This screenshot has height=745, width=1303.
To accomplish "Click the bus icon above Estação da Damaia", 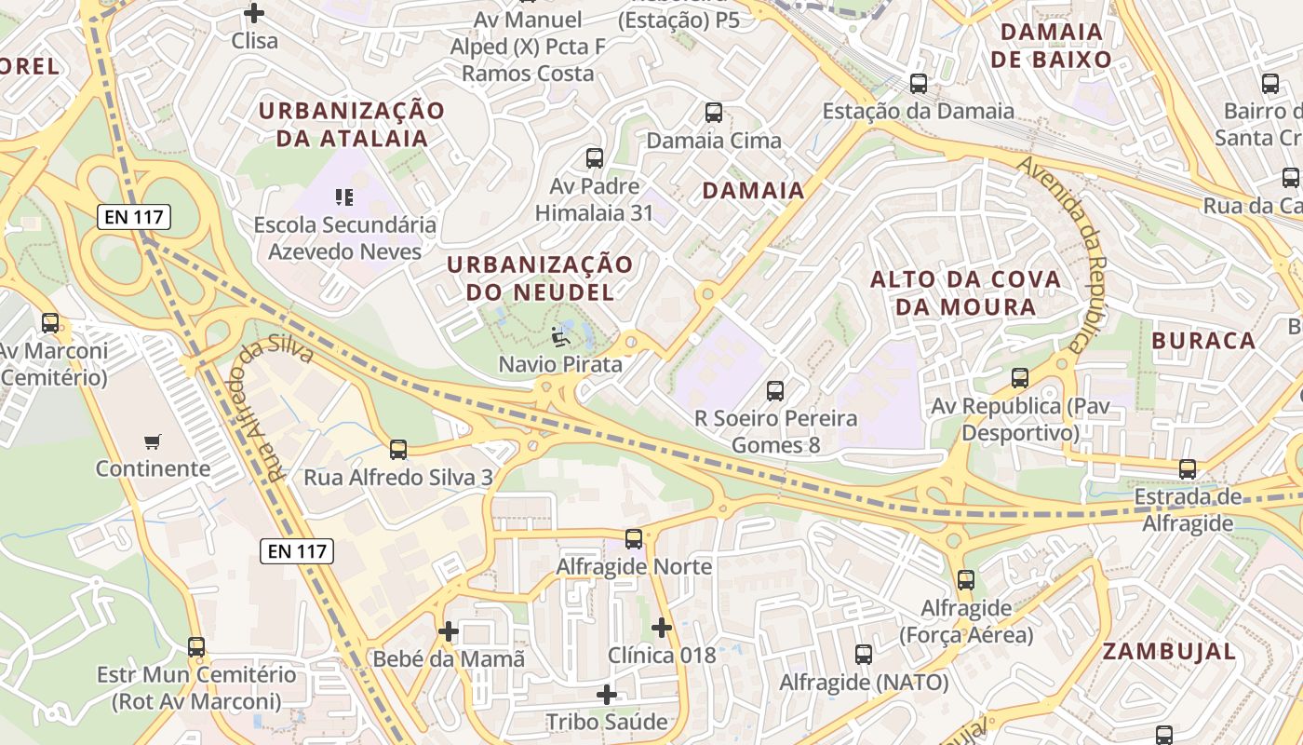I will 919,83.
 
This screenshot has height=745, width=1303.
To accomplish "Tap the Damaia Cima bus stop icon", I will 714,113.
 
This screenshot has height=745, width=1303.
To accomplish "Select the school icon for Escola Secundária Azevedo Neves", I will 344,196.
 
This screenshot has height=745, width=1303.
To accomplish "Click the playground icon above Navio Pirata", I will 560,336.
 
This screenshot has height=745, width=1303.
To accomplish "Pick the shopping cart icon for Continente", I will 153,440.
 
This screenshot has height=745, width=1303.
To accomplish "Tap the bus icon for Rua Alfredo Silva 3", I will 398,450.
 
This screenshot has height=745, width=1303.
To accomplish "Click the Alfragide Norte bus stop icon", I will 634,538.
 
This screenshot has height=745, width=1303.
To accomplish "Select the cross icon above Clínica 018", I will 662,628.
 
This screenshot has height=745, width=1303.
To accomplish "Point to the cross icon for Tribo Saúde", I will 607,695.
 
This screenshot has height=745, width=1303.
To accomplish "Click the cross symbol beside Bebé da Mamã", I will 449,631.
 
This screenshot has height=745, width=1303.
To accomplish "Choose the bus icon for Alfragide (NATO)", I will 864,655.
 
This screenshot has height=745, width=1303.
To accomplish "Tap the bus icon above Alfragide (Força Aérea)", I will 966,579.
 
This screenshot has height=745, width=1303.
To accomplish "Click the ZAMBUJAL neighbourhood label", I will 1170,652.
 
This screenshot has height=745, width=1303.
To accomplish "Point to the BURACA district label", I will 1203,341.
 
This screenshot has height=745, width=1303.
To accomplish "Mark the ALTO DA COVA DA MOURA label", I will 965,292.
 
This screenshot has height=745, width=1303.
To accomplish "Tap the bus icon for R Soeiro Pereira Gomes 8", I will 775,391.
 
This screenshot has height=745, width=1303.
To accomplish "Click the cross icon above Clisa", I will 253,13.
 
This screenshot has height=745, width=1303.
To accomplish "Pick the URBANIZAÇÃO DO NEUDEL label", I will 540,278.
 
